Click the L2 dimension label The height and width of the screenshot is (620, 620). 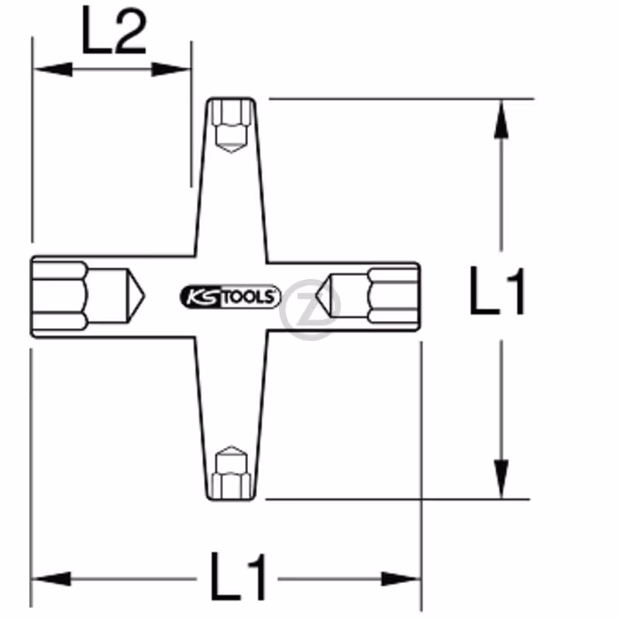[114, 30]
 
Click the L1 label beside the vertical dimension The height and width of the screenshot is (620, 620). [497, 291]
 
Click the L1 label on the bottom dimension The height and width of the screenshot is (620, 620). [238, 577]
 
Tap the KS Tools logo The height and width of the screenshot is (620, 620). [230, 297]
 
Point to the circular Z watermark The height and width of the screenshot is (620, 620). [310, 309]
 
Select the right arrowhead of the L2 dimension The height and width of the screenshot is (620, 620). [171, 70]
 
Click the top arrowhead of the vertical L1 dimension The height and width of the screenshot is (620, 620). [501, 119]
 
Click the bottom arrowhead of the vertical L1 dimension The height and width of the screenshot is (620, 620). [501, 479]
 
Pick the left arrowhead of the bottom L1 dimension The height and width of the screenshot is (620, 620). [51, 579]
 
